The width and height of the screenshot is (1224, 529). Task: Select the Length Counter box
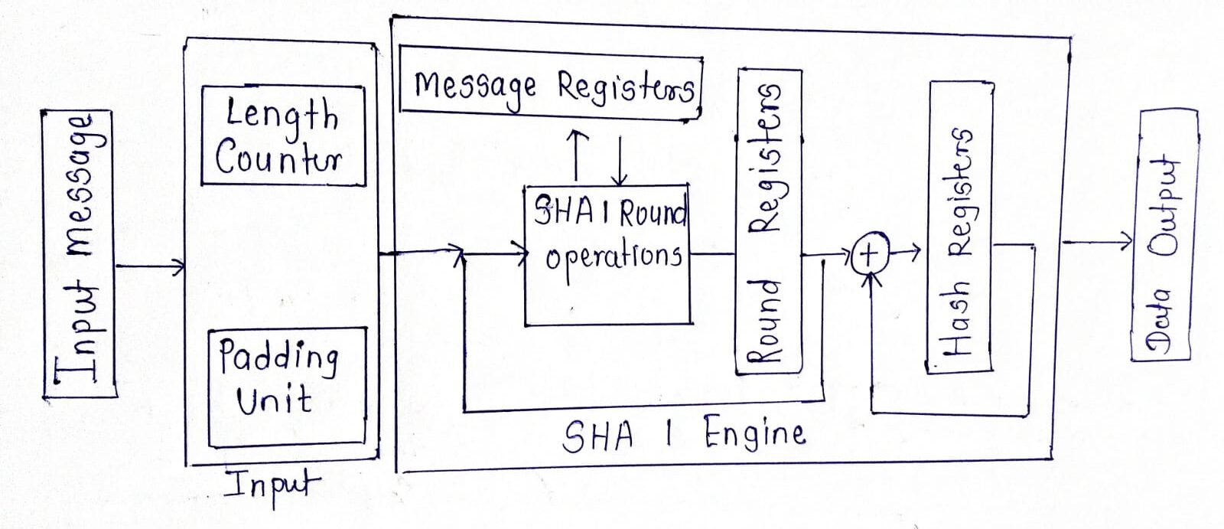pos(282,136)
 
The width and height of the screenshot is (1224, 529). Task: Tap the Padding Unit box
pos(287,387)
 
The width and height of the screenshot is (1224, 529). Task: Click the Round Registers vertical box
pos(770,222)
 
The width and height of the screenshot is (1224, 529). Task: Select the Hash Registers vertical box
pos(961,227)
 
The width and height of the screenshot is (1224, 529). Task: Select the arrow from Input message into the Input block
pos(150,267)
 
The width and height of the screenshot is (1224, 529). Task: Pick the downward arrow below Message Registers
pos(619,161)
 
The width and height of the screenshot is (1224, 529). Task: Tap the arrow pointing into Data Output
pos(1097,241)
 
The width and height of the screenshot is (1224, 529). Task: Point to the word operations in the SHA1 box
pos(613,258)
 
